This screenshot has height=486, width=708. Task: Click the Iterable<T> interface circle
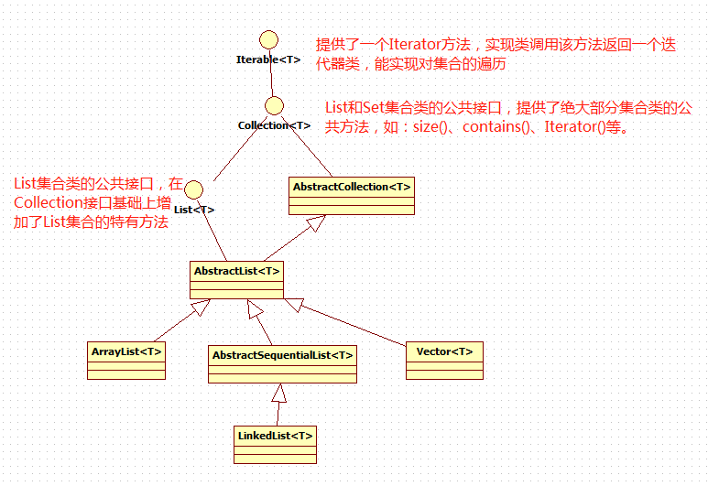[x=268, y=39]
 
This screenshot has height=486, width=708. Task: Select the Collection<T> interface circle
[x=273, y=106]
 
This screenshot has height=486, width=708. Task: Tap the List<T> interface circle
[x=193, y=189]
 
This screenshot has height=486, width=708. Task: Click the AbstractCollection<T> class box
[x=352, y=195]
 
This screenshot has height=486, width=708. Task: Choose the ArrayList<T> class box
[x=126, y=361]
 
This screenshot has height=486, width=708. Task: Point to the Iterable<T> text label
[x=268, y=59]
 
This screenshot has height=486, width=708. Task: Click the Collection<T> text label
[x=274, y=125]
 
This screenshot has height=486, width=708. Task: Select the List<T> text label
[x=193, y=210]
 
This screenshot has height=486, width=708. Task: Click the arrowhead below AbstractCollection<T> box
[x=316, y=221]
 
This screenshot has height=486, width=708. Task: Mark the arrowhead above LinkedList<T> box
[x=279, y=394]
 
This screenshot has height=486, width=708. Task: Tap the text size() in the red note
[x=433, y=127]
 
